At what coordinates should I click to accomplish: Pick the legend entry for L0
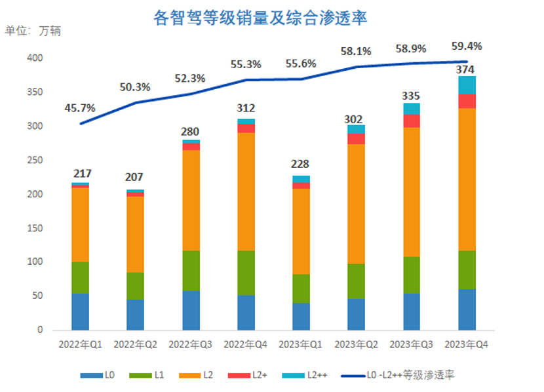click(98, 375)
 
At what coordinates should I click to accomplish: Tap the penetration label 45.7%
click(80, 108)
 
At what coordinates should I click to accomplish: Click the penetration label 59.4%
click(467, 47)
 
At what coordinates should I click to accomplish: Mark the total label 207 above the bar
click(136, 177)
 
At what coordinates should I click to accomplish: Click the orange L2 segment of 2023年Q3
click(412, 191)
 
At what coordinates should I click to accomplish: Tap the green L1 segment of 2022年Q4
click(246, 273)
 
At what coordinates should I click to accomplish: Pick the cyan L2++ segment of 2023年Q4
click(467, 85)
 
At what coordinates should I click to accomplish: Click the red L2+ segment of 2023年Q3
click(412, 121)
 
